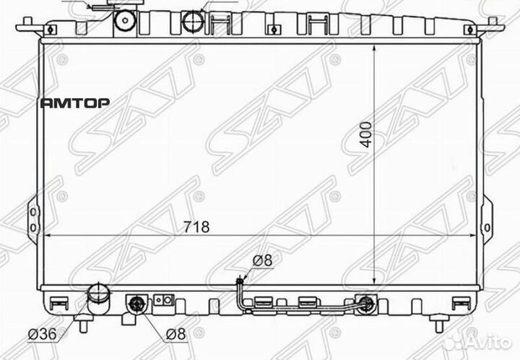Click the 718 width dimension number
pyautogui.click(x=196, y=227)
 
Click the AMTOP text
pyautogui.click(x=74, y=103)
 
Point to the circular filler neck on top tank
pyautogui.click(x=193, y=20)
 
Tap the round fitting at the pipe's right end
pyautogui.click(x=367, y=304)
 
